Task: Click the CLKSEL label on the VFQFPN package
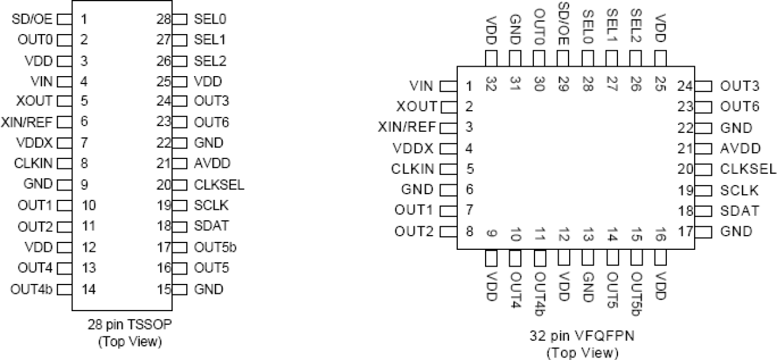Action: (747, 169)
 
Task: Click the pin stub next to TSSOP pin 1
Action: (67, 19)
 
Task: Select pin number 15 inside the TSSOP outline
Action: (164, 289)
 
